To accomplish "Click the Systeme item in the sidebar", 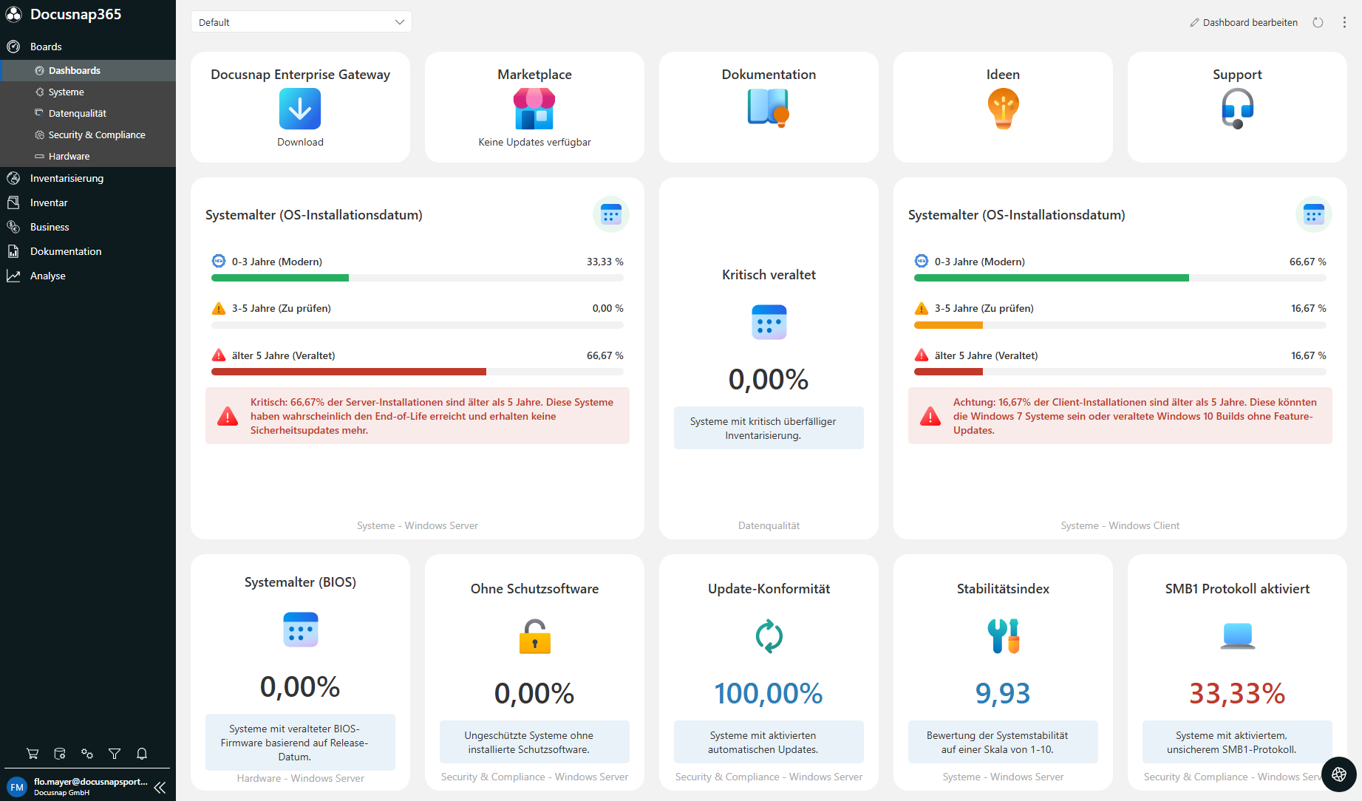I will coord(66,92).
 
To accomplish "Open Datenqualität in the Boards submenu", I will coord(77,113).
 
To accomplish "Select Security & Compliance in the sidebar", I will coord(96,134).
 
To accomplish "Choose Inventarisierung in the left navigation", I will coord(67,178).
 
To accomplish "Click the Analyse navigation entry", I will coord(47,276).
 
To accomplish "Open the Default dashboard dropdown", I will coord(301,22).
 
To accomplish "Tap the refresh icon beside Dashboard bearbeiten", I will coord(1318,22).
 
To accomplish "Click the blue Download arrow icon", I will coord(300,109).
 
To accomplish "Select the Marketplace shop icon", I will coord(534,109).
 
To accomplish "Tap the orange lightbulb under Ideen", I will coord(1003,109).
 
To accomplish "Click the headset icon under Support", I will coord(1237,109).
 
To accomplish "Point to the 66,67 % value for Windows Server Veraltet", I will coord(605,355).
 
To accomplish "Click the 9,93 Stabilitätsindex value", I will coord(1003,693).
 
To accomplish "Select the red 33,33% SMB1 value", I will coord(1237,693).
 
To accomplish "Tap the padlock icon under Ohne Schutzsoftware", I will coord(534,636).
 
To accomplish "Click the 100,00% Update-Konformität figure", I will coord(769,693).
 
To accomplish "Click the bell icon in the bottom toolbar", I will coord(142,754).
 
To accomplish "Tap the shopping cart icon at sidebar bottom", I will coord(33,754).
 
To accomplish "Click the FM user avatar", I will coord(17,787).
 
